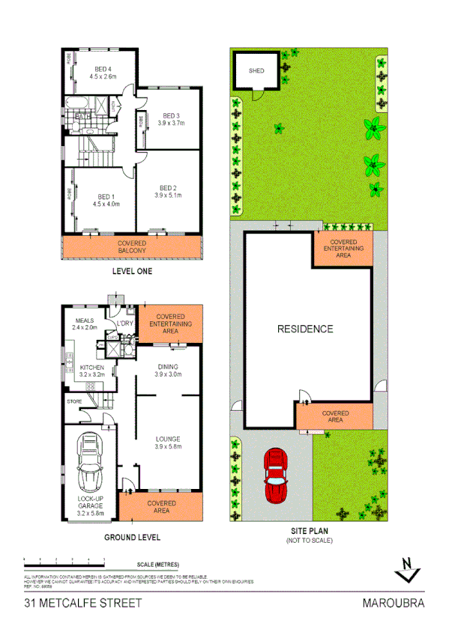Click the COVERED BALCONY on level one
[132, 248]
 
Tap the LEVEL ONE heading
[132, 271]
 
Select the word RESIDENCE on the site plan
[305, 329]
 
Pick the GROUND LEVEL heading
[132, 537]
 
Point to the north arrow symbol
[406, 571]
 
